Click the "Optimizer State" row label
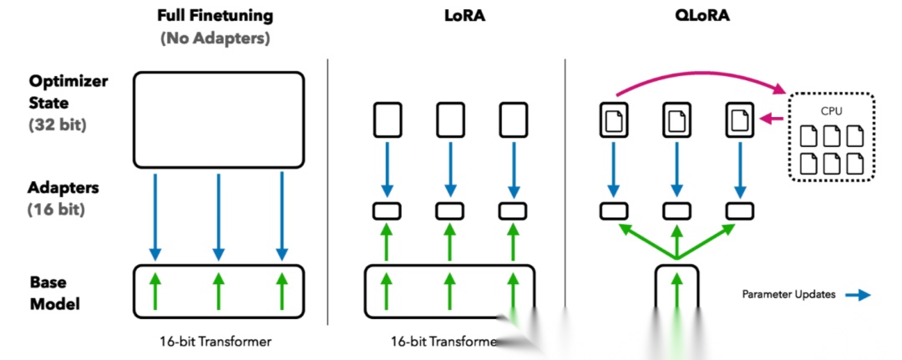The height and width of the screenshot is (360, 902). point(68,93)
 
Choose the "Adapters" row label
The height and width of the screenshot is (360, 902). point(63,189)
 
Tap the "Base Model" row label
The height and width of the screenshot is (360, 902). point(55,292)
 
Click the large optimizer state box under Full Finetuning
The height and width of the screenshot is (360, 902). point(219,118)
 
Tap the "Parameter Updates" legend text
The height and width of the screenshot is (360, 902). point(788,294)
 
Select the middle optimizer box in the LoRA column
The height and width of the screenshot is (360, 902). point(448,119)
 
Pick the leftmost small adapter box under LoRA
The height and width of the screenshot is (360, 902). point(385,210)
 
